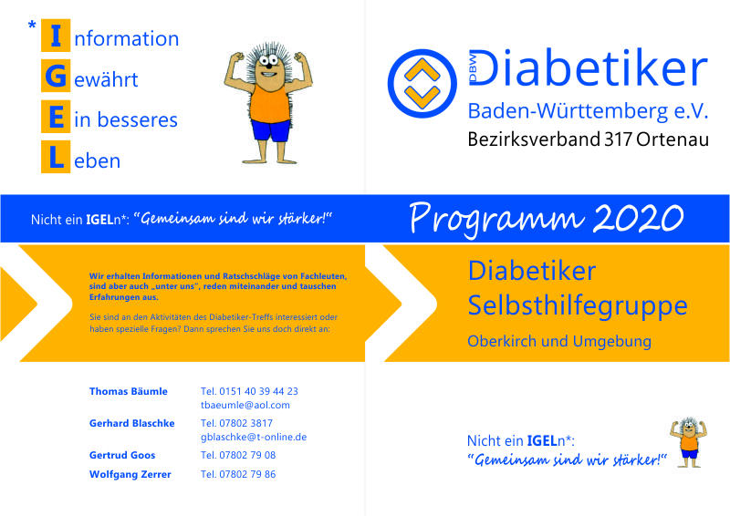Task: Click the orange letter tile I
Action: [56, 36]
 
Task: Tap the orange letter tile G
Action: [56, 76]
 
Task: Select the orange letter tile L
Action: [56, 157]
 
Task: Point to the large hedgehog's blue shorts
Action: [270, 129]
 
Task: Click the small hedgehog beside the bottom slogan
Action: [689, 442]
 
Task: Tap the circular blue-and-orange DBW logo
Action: [422, 84]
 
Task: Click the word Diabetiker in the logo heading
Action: [588, 67]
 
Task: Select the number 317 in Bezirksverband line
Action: [619, 139]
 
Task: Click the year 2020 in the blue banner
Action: [638, 218]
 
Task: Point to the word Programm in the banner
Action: [496, 220]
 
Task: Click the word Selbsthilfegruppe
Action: [578, 306]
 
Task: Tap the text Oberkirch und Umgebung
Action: [559, 341]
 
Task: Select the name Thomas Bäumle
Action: [128, 391]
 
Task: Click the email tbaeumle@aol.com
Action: [245, 406]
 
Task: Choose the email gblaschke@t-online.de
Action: [254, 438]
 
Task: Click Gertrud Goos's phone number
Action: [238, 455]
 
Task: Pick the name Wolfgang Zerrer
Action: [130, 475]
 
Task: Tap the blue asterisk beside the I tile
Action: [32, 26]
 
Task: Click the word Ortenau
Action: [673, 139]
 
